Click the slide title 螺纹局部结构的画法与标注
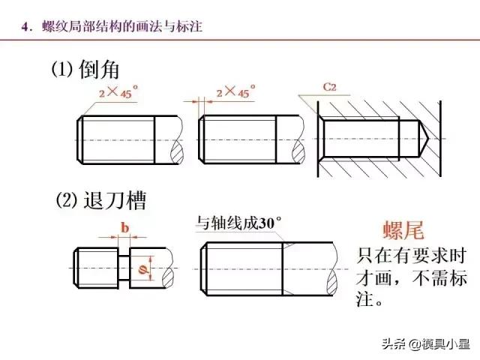(122, 26)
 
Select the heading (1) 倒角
(85, 69)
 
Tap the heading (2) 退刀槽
(101, 200)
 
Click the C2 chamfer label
(329, 87)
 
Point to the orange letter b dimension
(124, 228)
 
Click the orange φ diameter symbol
(142, 269)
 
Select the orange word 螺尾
(403, 229)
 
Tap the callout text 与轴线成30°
(238, 223)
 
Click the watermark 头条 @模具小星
(426, 343)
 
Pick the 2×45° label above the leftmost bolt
(118, 91)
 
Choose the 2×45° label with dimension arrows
(235, 91)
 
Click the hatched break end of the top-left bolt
(177, 151)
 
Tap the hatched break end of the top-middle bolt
(298, 151)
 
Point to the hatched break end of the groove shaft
(168, 277)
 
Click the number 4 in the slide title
(25, 27)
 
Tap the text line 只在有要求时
(411, 256)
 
